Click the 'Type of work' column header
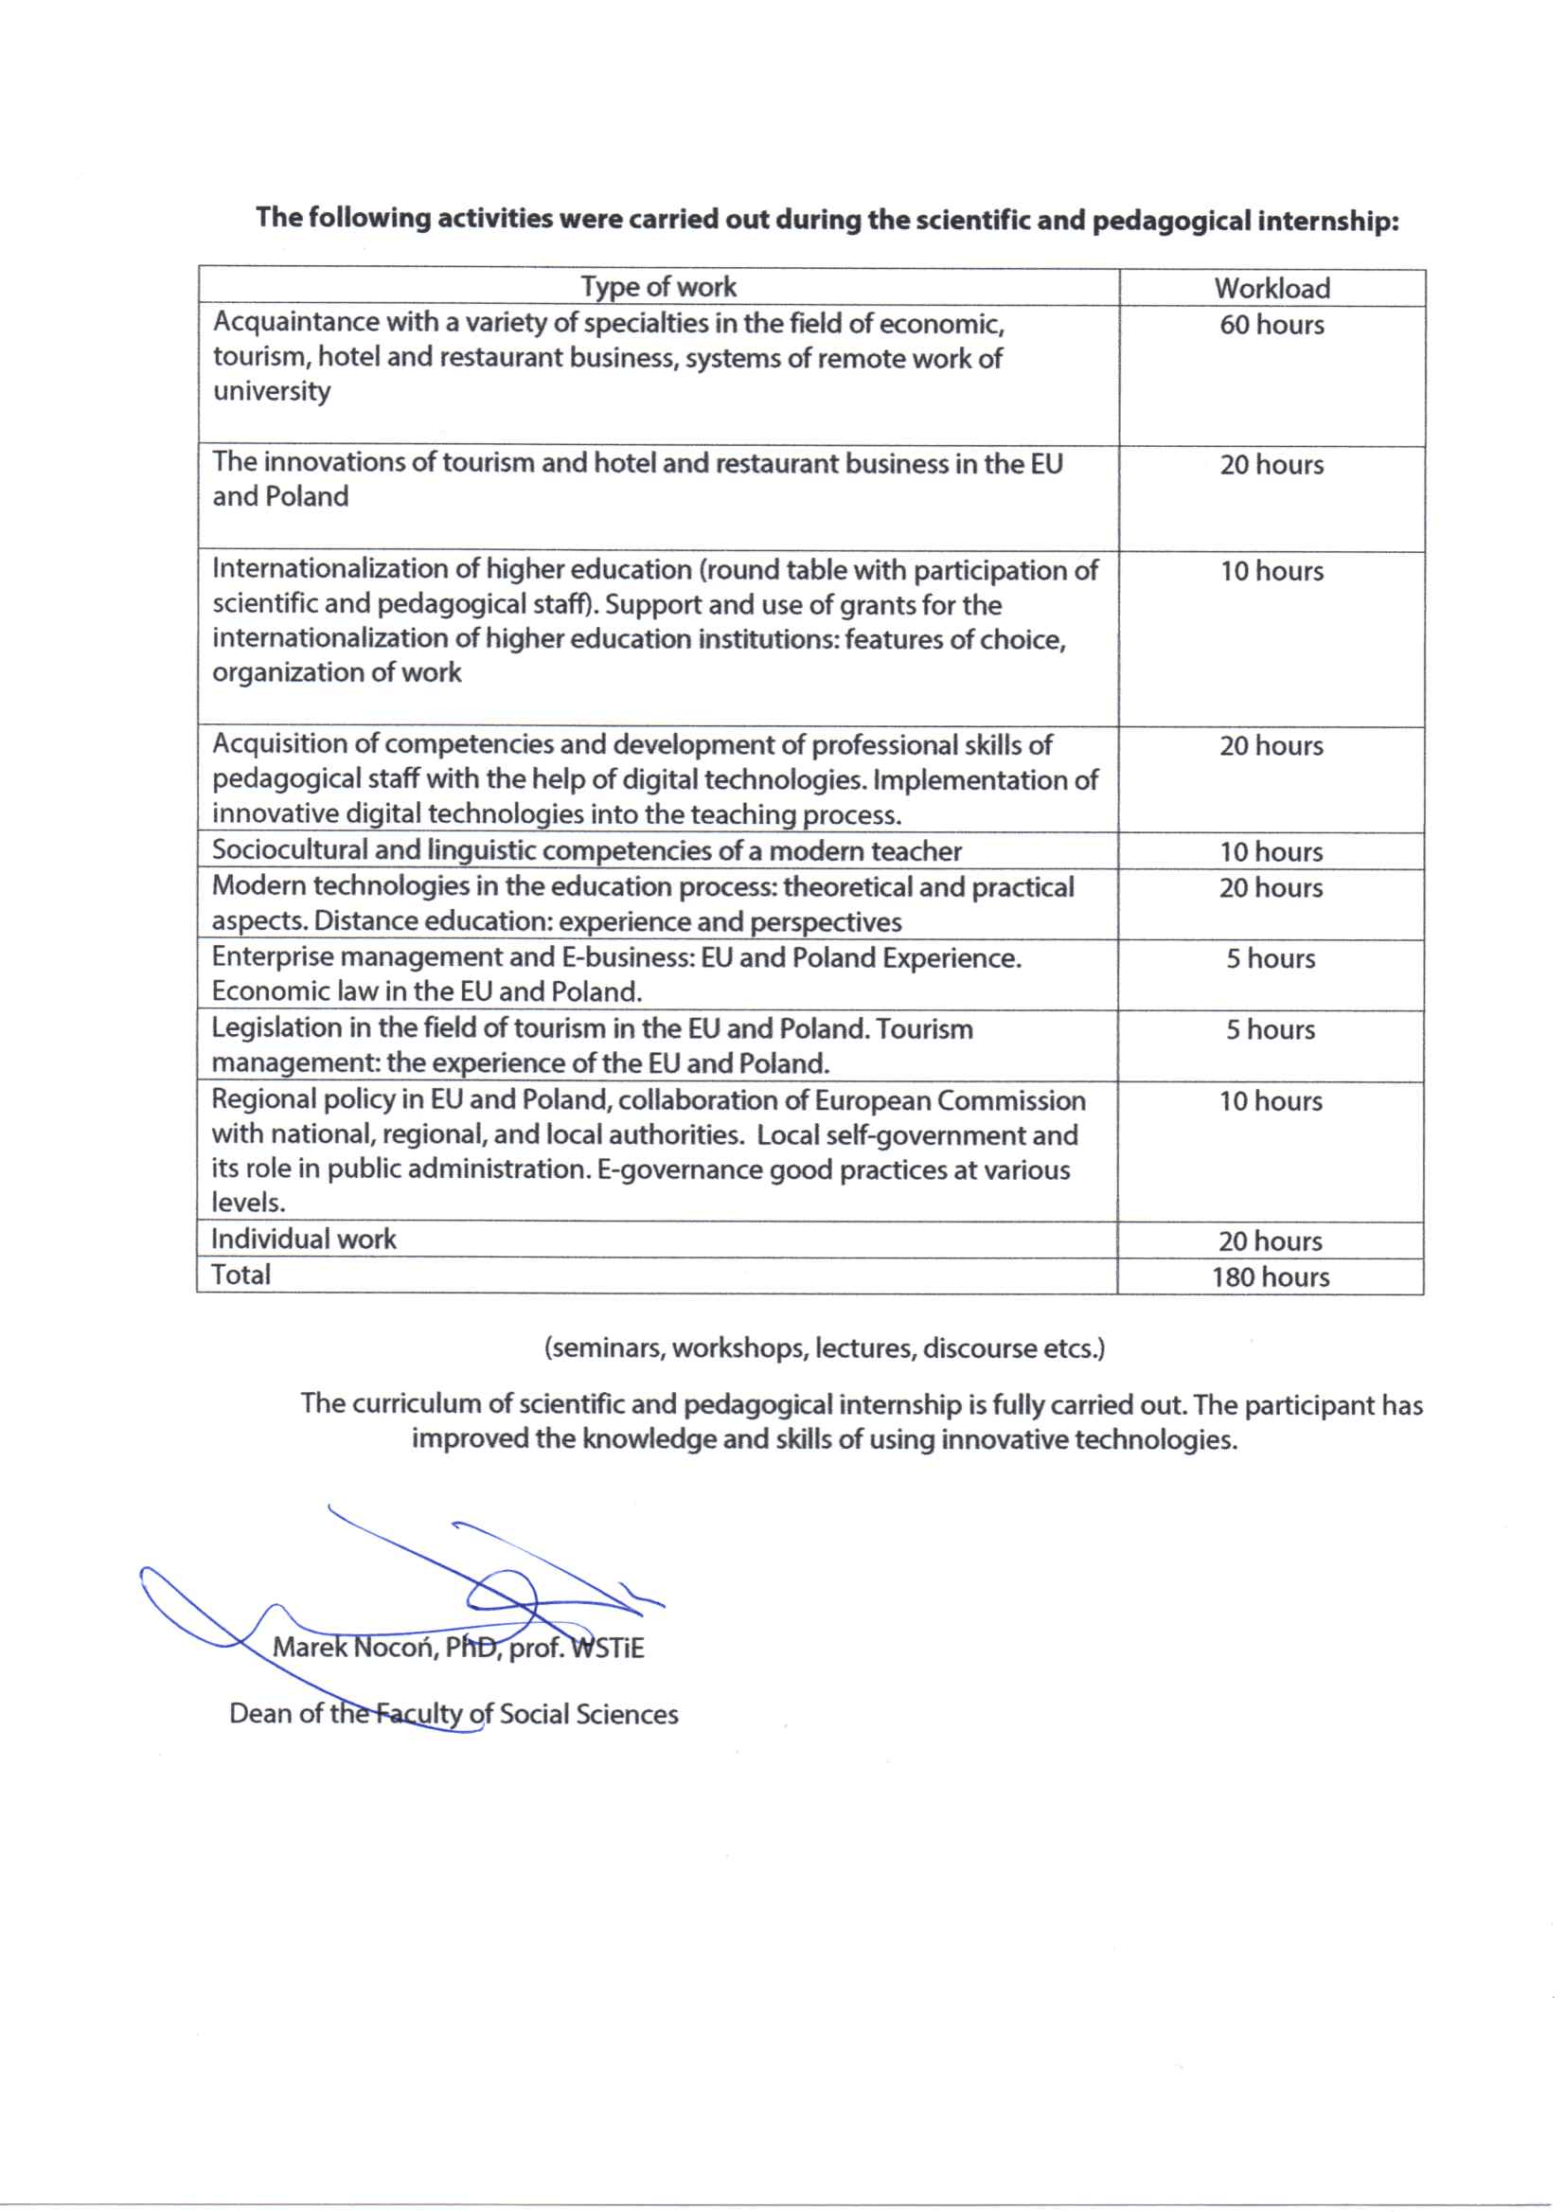(x=658, y=286)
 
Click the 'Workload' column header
(x=1272, y=288)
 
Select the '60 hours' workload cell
(x=1272, y=325)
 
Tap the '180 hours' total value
(x=1271, y=1277)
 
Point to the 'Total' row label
(x=240, y=1275)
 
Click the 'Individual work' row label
(x=304, y=1239)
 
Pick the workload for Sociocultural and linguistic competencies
(x=1272, y=852)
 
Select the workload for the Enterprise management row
(x=1271, y=959)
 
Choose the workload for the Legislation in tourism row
(x=1271, y=1029)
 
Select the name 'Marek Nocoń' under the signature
(x=353, y=1648)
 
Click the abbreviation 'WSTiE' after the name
(x=607, y=1649)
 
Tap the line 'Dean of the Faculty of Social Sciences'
(x=453, y=1714)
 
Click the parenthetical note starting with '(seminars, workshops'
(x=824, y=1347)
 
